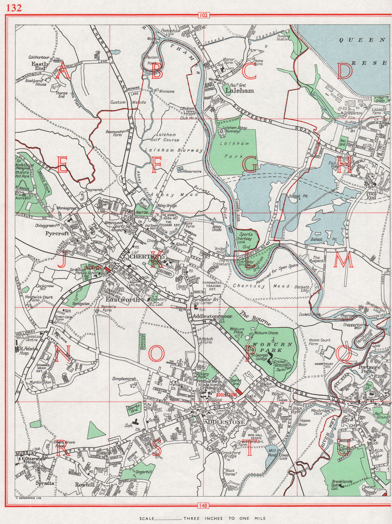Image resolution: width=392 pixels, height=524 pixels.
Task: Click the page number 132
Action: (x=14, y=8)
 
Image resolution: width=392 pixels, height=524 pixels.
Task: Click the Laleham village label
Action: (x=240, y=91)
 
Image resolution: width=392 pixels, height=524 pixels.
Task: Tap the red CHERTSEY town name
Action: (x=145, y=257)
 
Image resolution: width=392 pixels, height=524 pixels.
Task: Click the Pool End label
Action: (x=371, y=195)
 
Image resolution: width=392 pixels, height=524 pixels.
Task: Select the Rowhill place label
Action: (x=85, y=484)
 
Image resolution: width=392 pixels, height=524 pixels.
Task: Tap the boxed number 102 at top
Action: (x=204, y=15)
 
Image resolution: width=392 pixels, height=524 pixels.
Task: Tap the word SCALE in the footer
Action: (x=147, y=519)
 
